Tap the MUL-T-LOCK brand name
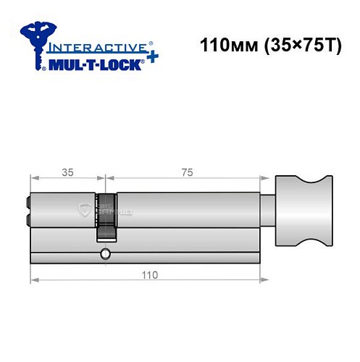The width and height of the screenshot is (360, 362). [x=95, y=63]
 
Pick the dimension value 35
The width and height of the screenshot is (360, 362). [x=67, y=173]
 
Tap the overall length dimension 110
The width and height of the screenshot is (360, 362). [x=149, y=275]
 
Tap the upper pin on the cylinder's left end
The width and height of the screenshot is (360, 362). [x=28, y=203]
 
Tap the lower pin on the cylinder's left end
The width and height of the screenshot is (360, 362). [x=28, y=220]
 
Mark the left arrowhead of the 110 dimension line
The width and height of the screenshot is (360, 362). [x=33, y=280]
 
